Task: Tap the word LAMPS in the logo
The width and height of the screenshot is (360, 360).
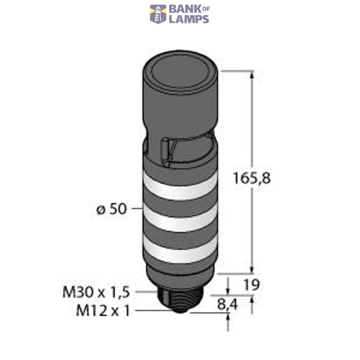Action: (188, 19)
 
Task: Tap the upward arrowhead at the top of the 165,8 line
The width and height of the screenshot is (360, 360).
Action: (251, 76)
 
